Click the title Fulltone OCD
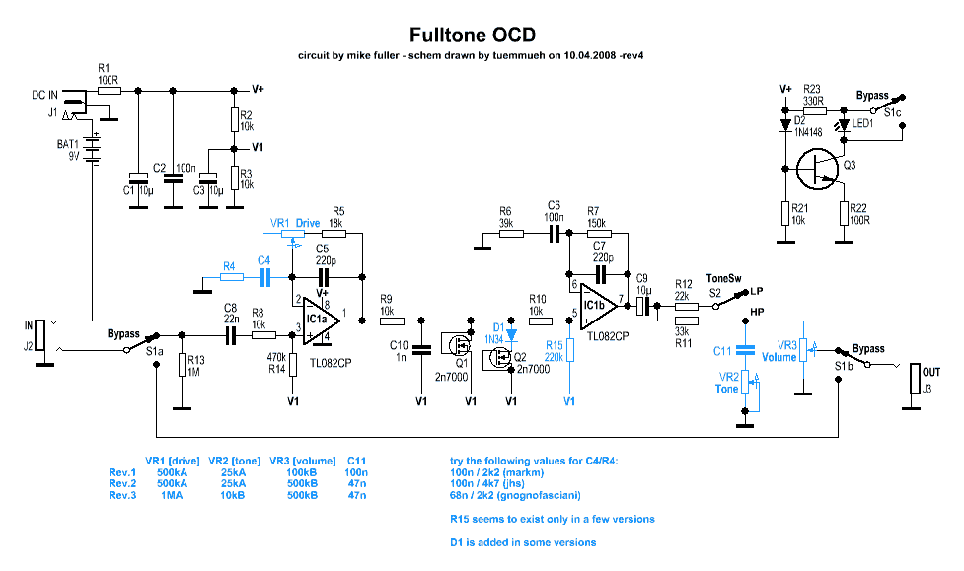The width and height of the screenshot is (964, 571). pyautogui.click(x=473, y=35)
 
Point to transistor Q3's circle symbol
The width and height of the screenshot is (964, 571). pyautogui.click(x=818, y=169)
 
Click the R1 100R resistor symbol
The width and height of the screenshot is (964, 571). pyautogui.click(x=110, y=91)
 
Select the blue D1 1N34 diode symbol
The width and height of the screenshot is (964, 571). pyautogui.click(x=511, y=335)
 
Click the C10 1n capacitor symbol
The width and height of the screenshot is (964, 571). pyautogui.click(x=421, y=350)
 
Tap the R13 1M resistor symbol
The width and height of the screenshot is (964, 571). pyautogui.click(x=182, y=365)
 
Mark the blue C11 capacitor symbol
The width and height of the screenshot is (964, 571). pyautogui.click(x=745, y=350)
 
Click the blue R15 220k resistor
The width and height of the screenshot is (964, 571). pyautogui.click(x=570, y=350)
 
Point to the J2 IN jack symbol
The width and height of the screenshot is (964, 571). pyautogui.click(x=40, y=335)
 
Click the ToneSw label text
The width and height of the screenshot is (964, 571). pyautogui.click(x=723, y=278)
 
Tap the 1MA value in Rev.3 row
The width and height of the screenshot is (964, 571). pyautogui.click(x=172, y=495)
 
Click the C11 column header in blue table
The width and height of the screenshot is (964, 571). pyautogui.click(x=356, y=461)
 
